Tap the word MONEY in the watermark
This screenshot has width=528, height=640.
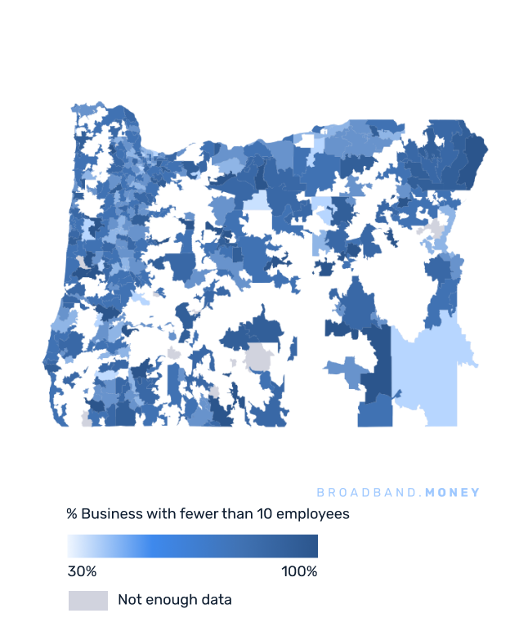pos(453,493)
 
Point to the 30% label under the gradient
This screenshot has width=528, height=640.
pos(82,571)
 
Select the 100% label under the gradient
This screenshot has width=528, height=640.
pos(299,571)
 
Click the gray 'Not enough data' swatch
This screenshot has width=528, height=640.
pos(87,600)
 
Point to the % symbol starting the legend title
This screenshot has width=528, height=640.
pos(72,514)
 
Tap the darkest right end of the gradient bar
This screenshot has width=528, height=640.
pos(313,546)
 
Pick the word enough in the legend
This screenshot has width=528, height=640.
pos(171,600)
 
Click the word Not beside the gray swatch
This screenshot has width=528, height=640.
pos(129,600)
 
